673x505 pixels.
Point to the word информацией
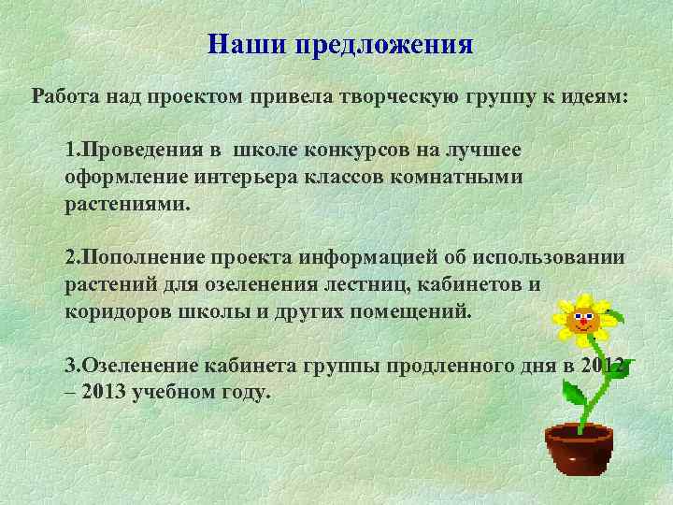360,257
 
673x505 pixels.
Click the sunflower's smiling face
581,319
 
